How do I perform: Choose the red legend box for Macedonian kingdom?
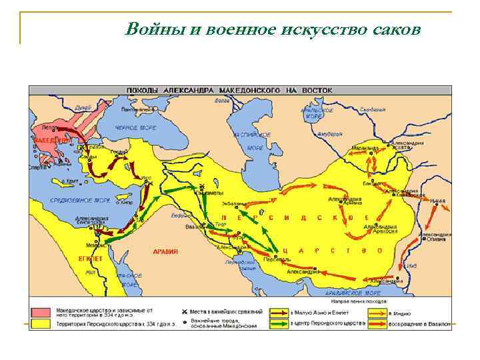(42, 311)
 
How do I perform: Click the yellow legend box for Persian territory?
(42, 323)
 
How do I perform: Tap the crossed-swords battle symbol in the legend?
(184, 311)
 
